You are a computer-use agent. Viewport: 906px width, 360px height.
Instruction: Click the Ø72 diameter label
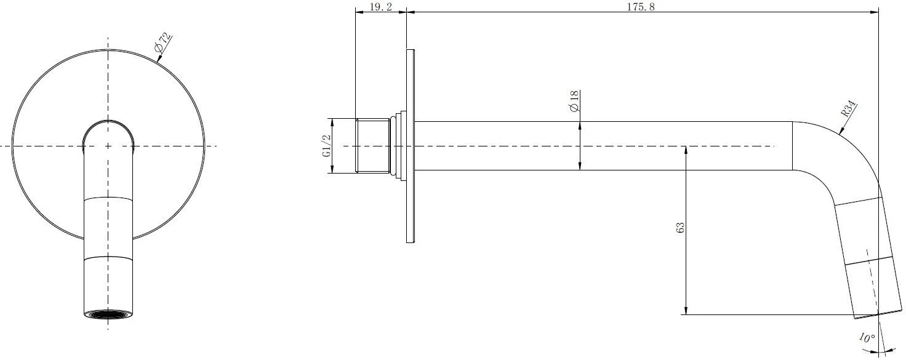click(x=163, y=43)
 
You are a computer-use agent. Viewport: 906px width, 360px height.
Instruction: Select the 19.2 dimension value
click(x=380, y=7)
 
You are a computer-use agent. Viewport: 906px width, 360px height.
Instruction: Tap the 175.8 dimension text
click(x=641, y=7)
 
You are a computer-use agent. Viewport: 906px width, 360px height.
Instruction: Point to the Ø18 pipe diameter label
click(x=574, y=101)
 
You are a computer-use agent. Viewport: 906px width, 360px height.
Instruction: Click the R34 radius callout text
click(x=849, y=109)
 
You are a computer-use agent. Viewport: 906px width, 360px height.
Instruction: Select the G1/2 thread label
click(x=326, y=146)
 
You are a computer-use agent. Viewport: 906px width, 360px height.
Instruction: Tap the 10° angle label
click(x=867, y=338)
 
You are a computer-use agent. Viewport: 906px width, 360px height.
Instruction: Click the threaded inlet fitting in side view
click(x=372, y=146)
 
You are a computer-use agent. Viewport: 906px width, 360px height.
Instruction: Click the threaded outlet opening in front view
click(x=108, y=314)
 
